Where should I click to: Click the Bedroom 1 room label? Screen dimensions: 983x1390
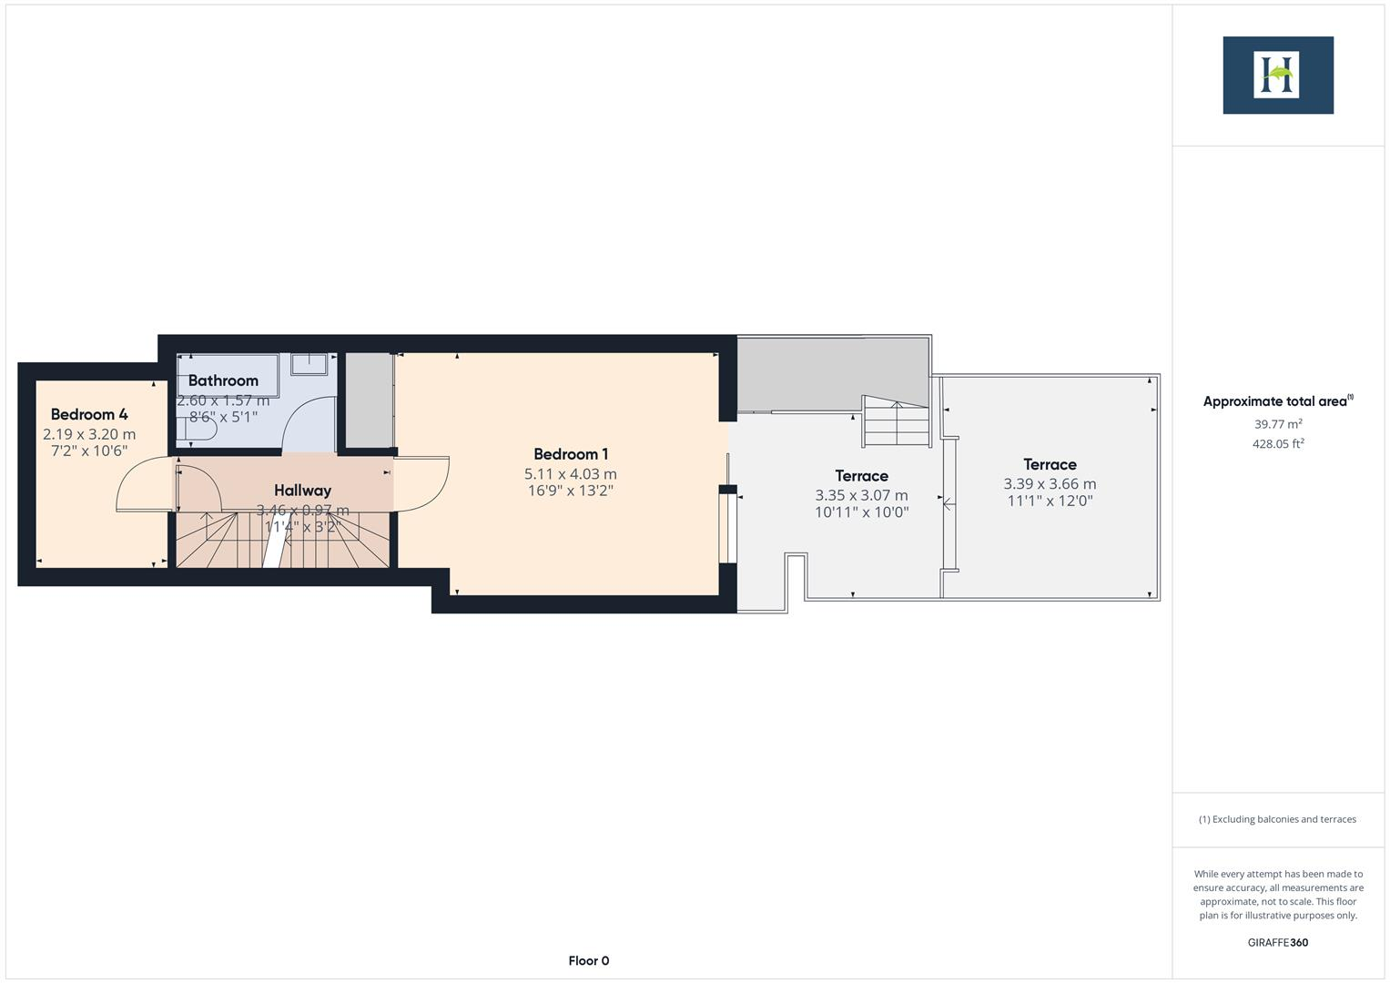[571, 454]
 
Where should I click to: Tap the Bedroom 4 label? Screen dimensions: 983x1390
[89, 414]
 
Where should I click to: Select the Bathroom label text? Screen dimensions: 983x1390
[223, 380]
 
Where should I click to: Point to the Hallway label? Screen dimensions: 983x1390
[302, 491]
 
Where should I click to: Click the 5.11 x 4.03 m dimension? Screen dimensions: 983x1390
[571, 474]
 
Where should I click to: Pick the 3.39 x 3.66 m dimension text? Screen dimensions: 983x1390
[1050, 484]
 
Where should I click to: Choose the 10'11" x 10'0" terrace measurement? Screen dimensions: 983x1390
[861, 512]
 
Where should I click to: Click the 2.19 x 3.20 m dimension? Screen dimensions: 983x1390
[89, 434]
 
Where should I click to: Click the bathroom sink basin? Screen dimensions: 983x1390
[309, 364]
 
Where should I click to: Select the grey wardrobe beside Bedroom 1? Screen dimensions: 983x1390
[369, 400]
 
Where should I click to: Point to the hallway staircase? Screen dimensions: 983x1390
[282, 540]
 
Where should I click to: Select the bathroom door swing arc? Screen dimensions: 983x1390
[309, 423]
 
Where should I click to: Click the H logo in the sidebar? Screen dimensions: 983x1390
[1277, 76]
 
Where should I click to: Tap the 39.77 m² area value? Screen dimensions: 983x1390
[1277, 424]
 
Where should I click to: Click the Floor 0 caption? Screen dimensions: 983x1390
[588, 960]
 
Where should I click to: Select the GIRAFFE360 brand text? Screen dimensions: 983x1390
[1277, 942]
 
